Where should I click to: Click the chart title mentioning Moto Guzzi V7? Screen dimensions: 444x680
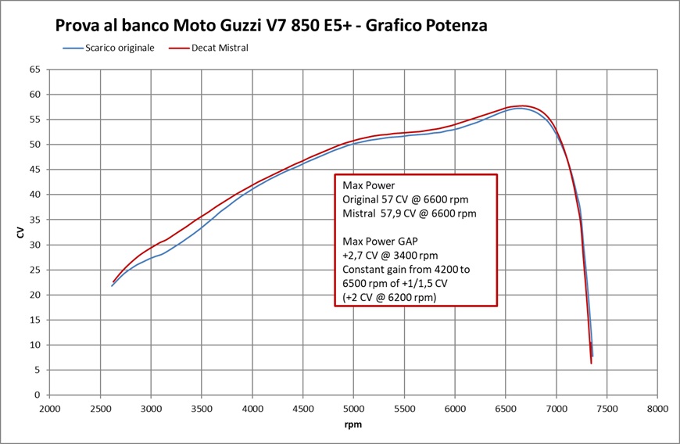click(x=271, y=25)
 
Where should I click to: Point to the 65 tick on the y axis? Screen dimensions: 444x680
click(x=34, y=70)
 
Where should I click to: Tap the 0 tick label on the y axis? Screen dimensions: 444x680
click(x=37, y=395)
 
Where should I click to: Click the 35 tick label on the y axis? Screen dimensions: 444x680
click(x=34, y=220)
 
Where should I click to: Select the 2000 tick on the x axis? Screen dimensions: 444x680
click(x=50, y=409)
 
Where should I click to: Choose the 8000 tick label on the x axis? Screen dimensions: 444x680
click(x=657, y=409)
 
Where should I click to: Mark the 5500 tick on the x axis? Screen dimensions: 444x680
click(x=404, y=409)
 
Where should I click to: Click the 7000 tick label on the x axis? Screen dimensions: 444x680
click(x=557, y=409)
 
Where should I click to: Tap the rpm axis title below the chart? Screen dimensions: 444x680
click(x=353, y=425)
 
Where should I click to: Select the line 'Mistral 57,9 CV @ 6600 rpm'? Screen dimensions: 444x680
click(x=409, y=213)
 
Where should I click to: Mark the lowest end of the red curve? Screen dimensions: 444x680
click(x=591, y=363)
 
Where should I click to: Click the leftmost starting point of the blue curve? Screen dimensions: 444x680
click(x=112, y=286)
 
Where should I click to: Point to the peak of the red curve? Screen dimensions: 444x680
click(x=522, y=106)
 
